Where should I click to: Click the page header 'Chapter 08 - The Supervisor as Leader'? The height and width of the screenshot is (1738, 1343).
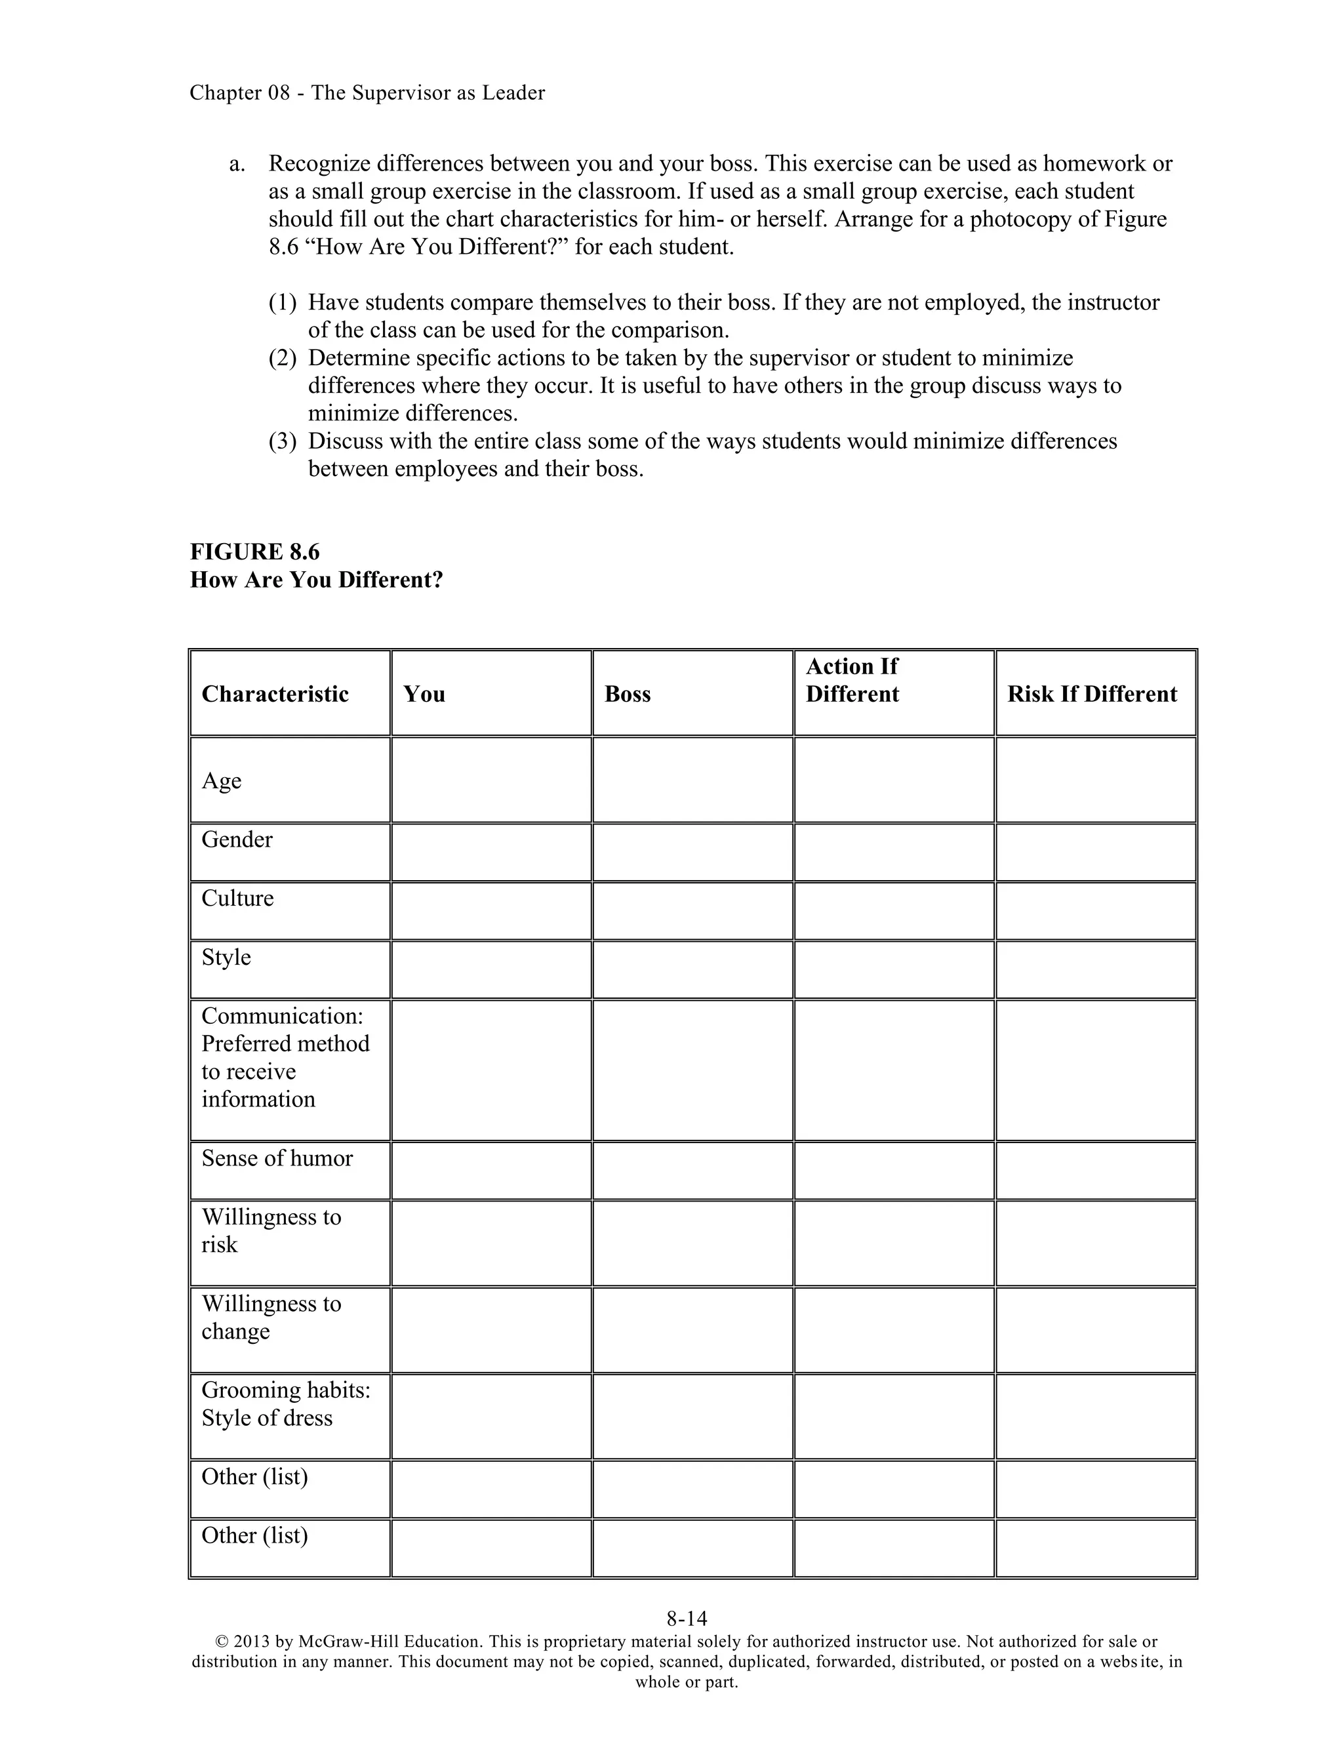(x=367, y=93)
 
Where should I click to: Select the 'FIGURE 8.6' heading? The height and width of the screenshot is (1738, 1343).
(x=254, y=552)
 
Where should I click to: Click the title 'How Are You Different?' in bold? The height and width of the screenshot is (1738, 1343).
(x=316, y=579)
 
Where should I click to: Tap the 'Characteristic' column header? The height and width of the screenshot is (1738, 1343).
(x=275, y=694)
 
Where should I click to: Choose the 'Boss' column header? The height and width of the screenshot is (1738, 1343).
(x=627, y=694)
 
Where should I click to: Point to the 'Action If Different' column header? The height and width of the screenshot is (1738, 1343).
(x=852, y=680)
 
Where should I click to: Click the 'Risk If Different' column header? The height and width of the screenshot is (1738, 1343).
(x=1092, y=694)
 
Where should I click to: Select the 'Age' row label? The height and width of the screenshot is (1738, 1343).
(x=221, y=780)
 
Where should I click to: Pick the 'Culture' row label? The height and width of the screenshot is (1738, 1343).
(x=237, y=899)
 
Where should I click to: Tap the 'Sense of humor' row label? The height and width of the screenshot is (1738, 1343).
(x=277, y=1159)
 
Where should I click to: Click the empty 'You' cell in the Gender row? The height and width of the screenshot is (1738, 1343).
(x=491, y=853)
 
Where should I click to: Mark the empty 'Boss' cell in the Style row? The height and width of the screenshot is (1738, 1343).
(x=692, y=969)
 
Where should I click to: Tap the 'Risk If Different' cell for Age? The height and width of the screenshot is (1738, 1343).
(x=1096, y=780)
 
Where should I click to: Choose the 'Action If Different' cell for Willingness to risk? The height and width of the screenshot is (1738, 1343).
(x=894, y=1243)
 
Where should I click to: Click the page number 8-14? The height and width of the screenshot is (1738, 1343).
(x=687, y=1619)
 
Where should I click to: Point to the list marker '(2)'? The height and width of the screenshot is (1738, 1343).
(x=283, y=358)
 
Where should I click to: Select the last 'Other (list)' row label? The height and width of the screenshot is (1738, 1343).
(x=254, y=1535)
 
